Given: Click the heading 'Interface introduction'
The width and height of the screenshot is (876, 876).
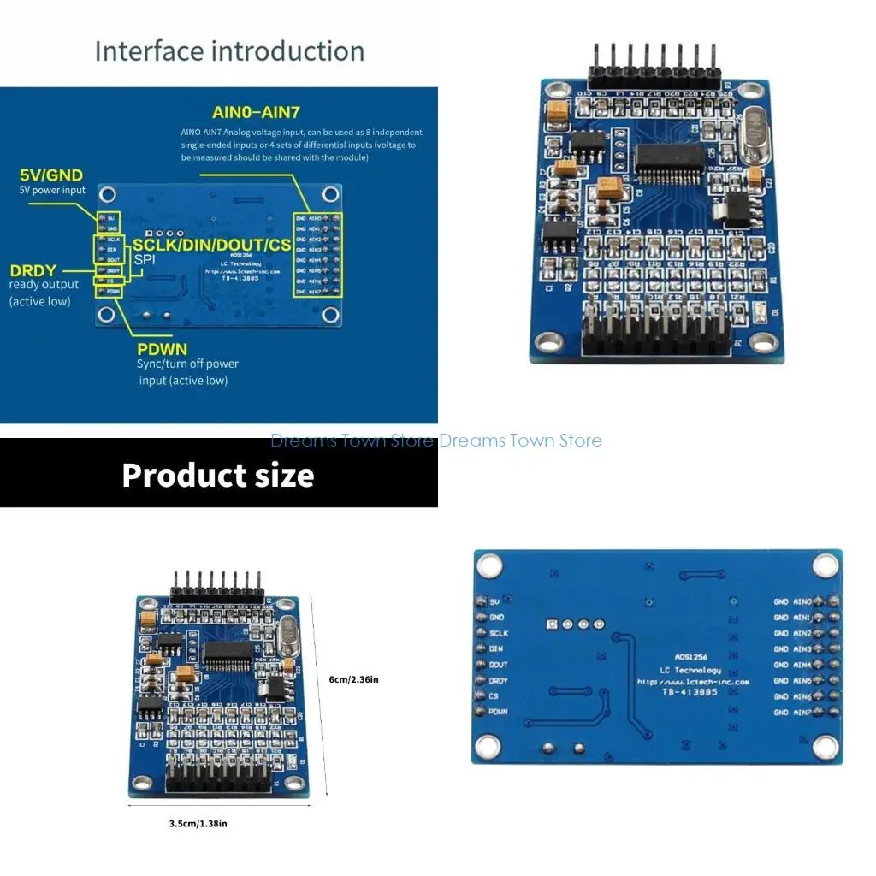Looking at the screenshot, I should click(229, 51).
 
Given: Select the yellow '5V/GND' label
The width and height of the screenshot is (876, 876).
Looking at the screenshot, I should click(51, 175).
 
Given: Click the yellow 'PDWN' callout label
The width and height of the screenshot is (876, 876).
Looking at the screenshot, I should click(163, 349).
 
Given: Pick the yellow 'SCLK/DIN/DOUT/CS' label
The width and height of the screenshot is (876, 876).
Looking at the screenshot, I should click(212, 245).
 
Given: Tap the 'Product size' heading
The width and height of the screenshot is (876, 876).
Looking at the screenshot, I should click(217, 475).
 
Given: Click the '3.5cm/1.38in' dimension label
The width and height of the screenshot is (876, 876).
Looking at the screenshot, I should click(198, 823).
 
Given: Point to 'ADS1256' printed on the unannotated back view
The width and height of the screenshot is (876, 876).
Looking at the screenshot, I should click(676, 657).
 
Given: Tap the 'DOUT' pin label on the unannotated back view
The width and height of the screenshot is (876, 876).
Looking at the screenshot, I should click(498, 665).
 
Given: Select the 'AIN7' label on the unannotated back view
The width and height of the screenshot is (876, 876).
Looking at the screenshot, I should click(802, 712).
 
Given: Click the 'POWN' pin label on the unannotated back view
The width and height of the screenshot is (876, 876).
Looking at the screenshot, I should click(499, 712).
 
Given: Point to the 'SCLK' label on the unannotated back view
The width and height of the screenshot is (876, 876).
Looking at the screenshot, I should click(499, 633).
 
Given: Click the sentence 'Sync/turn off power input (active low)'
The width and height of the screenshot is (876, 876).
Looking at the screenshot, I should click(187, 372).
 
